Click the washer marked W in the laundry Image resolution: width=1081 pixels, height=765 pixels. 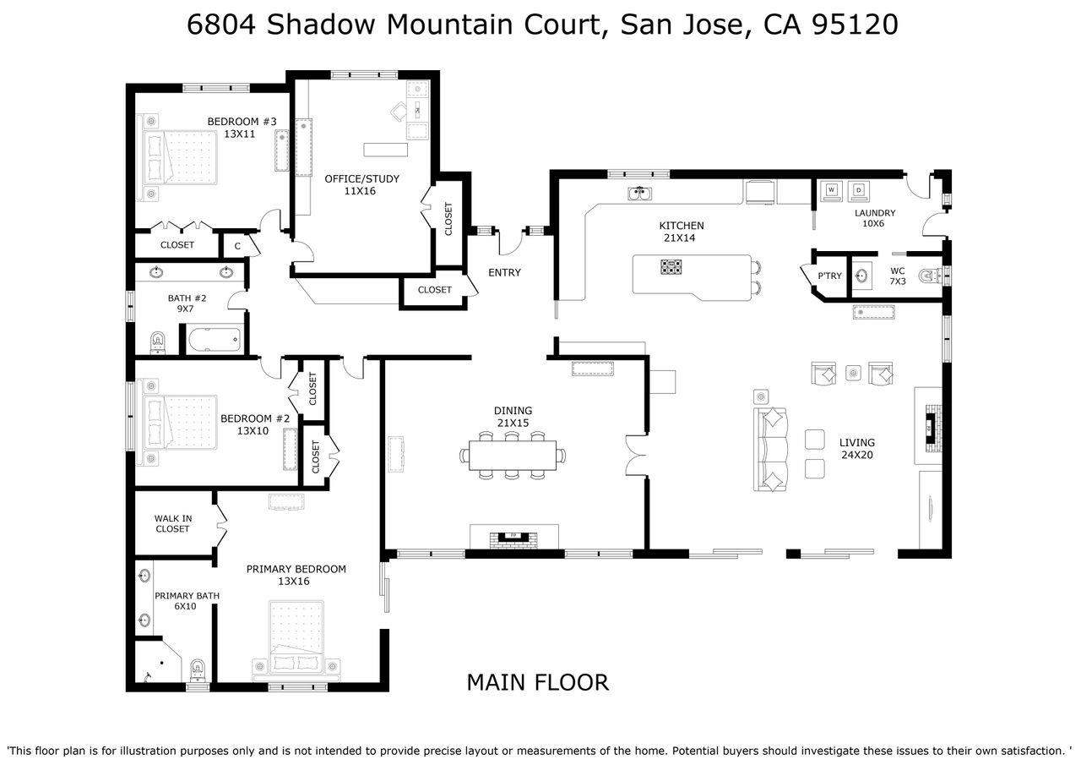coord(831,191)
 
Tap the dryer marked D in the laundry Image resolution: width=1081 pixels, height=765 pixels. coord(859,191)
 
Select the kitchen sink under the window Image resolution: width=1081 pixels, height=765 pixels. coord(640,194)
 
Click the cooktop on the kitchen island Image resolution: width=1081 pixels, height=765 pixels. coord(671,266)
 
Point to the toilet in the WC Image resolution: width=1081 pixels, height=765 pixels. coord(930,276)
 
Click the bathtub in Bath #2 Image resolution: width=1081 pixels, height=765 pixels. coord(214,339)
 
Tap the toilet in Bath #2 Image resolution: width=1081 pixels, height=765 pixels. coord(157,342)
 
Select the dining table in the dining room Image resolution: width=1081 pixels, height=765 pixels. coord(513,455)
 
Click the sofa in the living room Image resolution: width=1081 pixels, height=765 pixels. coord(771,450)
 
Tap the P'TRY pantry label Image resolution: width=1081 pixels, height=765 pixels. coord(829,276)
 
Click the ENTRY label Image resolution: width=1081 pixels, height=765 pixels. coord(504,272)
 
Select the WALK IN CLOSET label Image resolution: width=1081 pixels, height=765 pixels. coord(173,523)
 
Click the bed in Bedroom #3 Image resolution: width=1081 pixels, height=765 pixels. coord(180,157)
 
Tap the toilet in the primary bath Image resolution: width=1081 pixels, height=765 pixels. coord(198,670)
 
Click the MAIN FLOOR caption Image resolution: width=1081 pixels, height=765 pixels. coord(538,682)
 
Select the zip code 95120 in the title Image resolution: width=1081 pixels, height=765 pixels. coord(855,25)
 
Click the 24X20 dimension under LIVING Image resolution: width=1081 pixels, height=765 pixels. coord(857,455)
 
